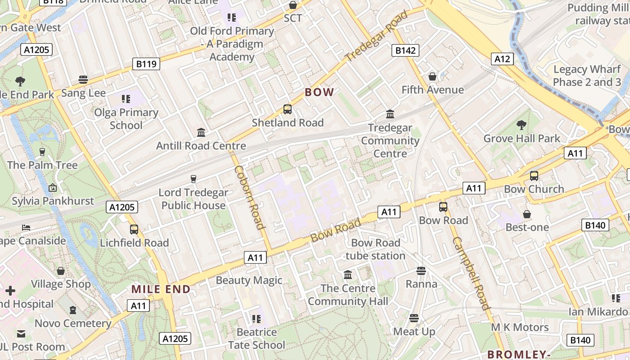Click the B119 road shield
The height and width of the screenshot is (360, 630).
point(146,64)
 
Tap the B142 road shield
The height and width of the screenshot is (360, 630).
point(405,50)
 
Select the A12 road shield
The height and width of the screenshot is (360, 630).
point(502,58)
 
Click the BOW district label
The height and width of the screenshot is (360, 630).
point(319,92)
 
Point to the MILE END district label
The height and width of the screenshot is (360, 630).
point(161,289)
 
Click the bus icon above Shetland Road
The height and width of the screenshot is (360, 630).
point(288,109)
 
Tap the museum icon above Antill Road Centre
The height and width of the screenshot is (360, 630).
point(201,132)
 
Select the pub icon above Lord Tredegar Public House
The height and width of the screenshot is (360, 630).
point(193,179)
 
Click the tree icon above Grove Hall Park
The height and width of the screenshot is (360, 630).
point(522,125)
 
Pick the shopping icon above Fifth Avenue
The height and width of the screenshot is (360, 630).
point(432,76)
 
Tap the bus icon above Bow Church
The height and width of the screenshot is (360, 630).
point(534,176)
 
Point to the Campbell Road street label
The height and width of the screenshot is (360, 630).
point(471,273)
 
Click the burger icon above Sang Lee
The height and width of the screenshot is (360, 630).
point(83,80)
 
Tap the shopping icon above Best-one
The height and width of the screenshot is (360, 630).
point(527,214)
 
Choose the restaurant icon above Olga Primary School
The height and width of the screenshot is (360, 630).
point(126,99)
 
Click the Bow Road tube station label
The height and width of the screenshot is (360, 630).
point(375,249)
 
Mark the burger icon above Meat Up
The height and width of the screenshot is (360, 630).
point(414,318)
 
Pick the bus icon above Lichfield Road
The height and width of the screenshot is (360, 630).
point(134,229)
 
